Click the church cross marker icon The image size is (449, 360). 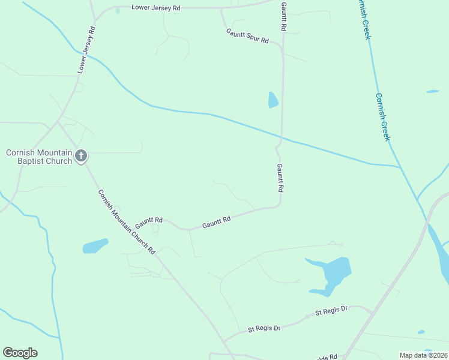pos(81,157)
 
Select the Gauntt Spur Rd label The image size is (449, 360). pos(247,36)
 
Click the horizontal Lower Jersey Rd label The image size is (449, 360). pos(155,8)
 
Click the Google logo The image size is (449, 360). pos(20,353)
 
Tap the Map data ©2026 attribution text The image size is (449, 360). pos(423,355)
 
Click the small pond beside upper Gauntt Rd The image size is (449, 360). pos(273,100)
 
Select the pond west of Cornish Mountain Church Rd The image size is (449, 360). pos(95,246)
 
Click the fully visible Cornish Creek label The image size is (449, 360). pos(383,117)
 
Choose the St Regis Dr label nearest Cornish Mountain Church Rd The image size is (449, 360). pos(264,328)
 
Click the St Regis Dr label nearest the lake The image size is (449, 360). pos(331,312)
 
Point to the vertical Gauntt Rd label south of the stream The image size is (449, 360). pos(280,178)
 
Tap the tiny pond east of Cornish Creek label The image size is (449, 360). pos(432,91)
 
